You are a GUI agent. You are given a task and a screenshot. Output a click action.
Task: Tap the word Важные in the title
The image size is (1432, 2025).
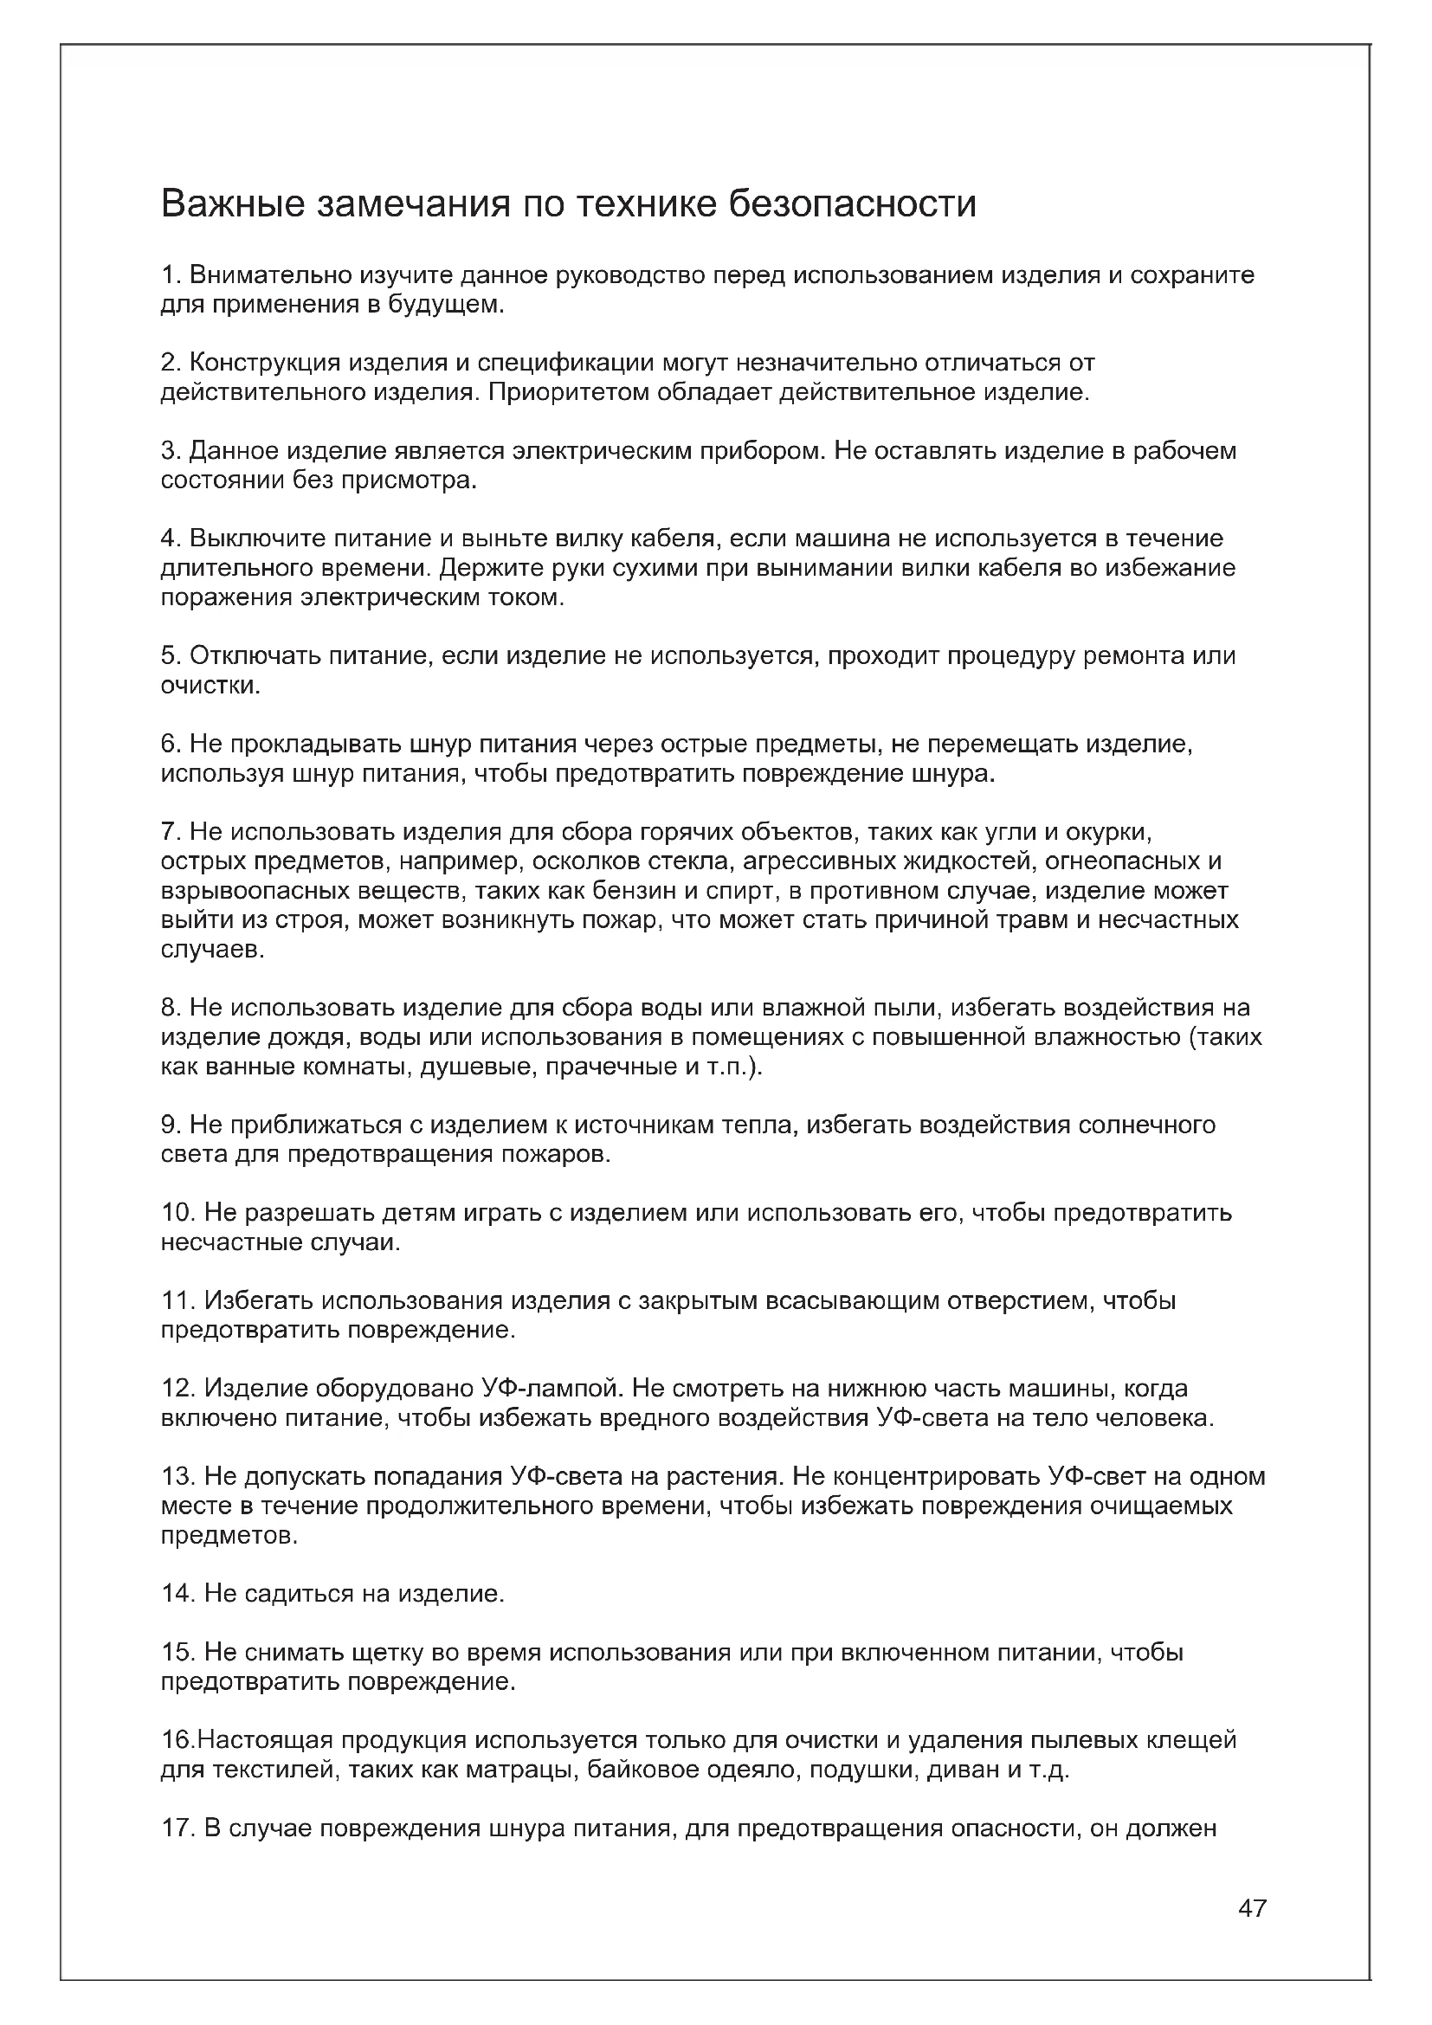coord(232,203)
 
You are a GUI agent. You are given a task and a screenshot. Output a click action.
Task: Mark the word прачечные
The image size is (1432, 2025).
coord(611,1067)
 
